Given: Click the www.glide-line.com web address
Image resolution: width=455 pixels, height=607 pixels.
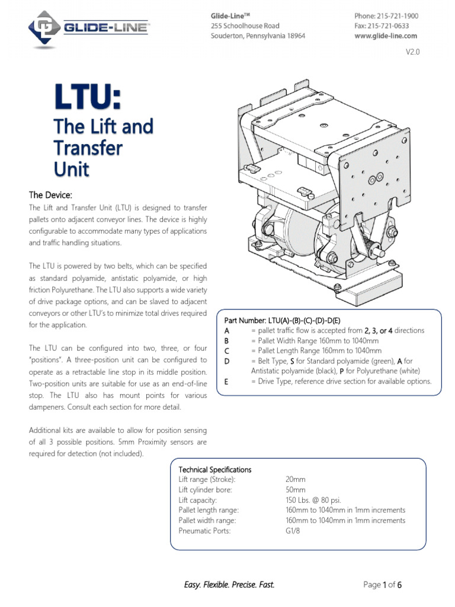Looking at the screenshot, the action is pyautogui.click(x=386, y=36).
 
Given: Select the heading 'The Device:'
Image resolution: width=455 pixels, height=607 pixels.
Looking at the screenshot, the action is pyautogui.click(x=51, y=194).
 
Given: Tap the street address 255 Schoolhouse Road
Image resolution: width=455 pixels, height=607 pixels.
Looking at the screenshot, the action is pyautogui.click(x=245, y=26).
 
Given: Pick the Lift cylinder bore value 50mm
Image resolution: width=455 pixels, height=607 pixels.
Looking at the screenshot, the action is pyautogui.click(x=296, y=490).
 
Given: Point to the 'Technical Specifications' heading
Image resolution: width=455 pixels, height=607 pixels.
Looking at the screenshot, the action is pyautogui.click(x=215, y=469).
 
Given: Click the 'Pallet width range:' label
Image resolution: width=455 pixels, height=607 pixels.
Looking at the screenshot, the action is pyautogui.click(x=207, y=520).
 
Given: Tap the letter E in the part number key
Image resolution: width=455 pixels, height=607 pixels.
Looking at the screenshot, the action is pyautogui.click(x=227, y=381).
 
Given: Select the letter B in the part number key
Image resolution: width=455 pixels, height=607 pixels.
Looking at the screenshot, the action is pyautogui.click(x=227, y=341).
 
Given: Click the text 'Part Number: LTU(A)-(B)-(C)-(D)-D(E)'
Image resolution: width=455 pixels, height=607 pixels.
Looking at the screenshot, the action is pyautogui.click(x=287, y=320).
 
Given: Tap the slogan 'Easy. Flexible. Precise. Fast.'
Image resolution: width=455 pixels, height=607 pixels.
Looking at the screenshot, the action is pyautogui.click(x=229, y=585).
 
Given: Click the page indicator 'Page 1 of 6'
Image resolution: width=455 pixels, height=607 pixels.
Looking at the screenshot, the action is pyautogui.click(x=383, y=585).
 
